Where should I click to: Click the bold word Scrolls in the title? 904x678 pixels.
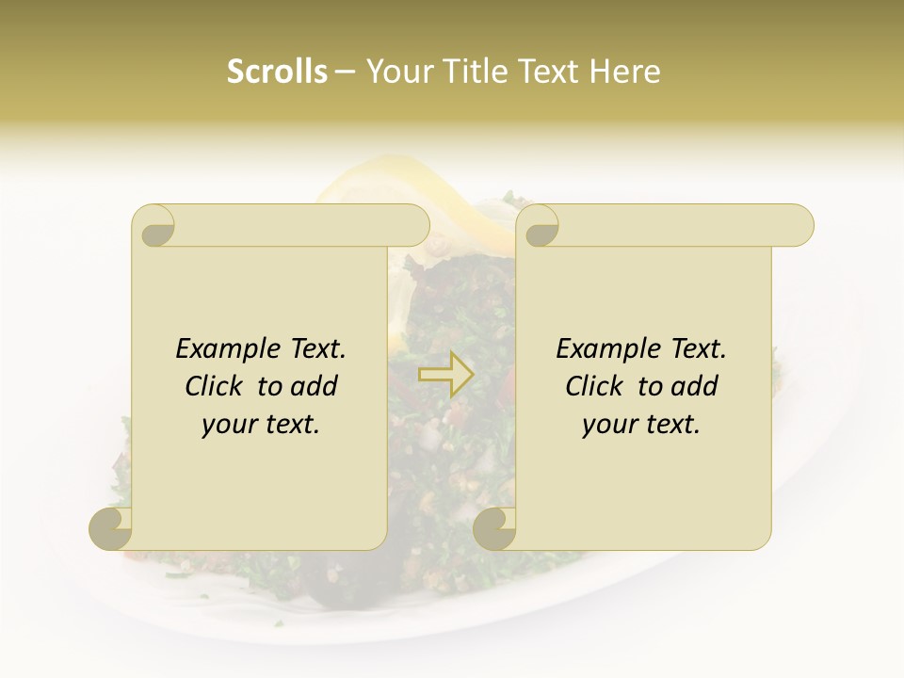[x=277, y=72]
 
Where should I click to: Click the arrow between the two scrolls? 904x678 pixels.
[x=446, y=374]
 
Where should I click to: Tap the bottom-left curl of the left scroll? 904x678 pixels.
[x=111, y=527]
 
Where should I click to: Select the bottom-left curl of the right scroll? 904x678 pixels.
[x=494, y=527]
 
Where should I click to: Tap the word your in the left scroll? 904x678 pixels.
[x=230, y=425]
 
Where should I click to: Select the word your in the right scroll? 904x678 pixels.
[x=610, y=425]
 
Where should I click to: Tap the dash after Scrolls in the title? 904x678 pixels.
[x=345, y=73]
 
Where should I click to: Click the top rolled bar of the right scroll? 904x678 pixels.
[x=678, y=225]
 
